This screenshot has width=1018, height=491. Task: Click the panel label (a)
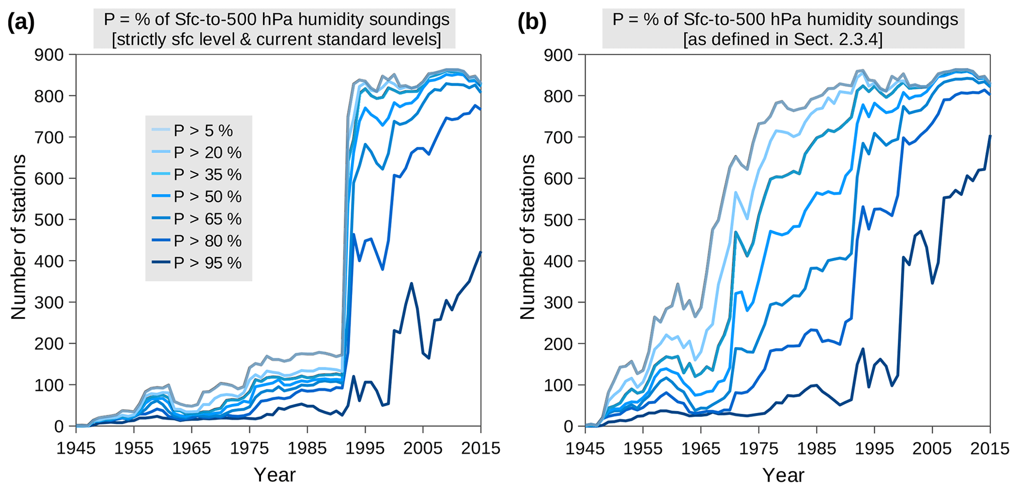click(x=21, y=23)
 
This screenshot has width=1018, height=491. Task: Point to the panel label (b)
click(x=532, y=23)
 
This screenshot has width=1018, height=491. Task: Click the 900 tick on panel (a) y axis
click(x=49, y=55)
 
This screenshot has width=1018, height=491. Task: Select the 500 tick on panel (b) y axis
click(x=558, y=220)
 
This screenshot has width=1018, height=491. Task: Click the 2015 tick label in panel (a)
click(x=480, y=449)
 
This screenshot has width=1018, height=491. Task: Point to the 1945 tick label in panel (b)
click(x=586, y=449)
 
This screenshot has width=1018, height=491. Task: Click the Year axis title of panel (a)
click(x=274, y=475)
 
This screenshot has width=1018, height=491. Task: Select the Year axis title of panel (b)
click(x=784, y=475)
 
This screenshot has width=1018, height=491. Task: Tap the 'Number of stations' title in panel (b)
click(x=527, y=237)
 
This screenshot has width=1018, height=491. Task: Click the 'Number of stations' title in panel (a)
click(x=19, y=237)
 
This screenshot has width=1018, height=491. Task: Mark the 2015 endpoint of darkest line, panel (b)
click(x=990, y=136)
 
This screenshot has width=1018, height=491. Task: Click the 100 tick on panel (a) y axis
click(x=49, y=385)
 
